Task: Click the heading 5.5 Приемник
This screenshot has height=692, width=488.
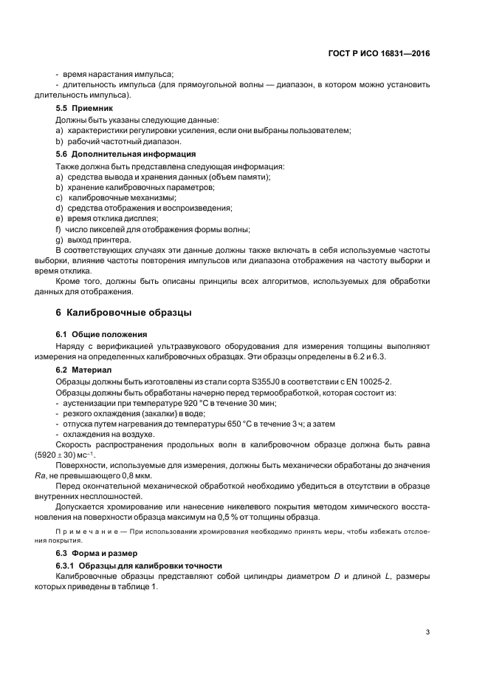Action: (81, 108)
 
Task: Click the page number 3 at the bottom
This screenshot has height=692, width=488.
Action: (427, 631)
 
